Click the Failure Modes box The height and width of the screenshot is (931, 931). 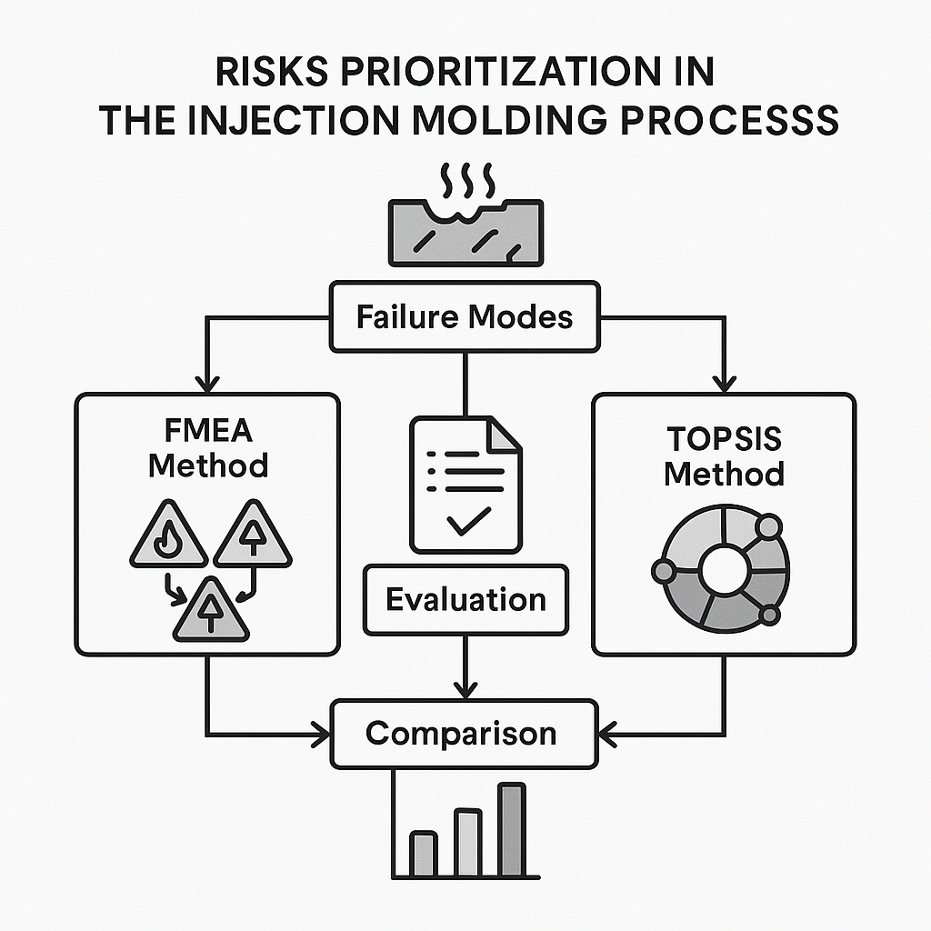[x=465, y=316]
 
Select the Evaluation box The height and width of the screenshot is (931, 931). [x=465, y=599]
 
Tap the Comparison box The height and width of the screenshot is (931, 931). [x=465, y=733]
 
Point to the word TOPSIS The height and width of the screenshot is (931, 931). [x=724, y=439]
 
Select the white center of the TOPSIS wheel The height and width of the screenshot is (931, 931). [x=724, y=571]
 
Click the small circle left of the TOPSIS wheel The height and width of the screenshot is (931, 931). [x=662, y=572]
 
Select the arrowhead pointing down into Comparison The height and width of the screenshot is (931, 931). [x=465, y=690]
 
